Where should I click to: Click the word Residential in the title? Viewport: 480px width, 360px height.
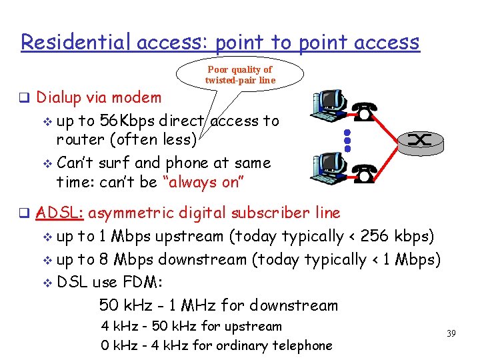point(76,42)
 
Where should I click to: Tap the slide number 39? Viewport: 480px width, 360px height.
point(451,333)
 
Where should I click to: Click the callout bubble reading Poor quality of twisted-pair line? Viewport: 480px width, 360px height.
point(240,75)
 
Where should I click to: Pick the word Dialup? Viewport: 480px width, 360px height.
point(59,97)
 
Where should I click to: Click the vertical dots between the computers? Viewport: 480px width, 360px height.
point(347,139)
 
